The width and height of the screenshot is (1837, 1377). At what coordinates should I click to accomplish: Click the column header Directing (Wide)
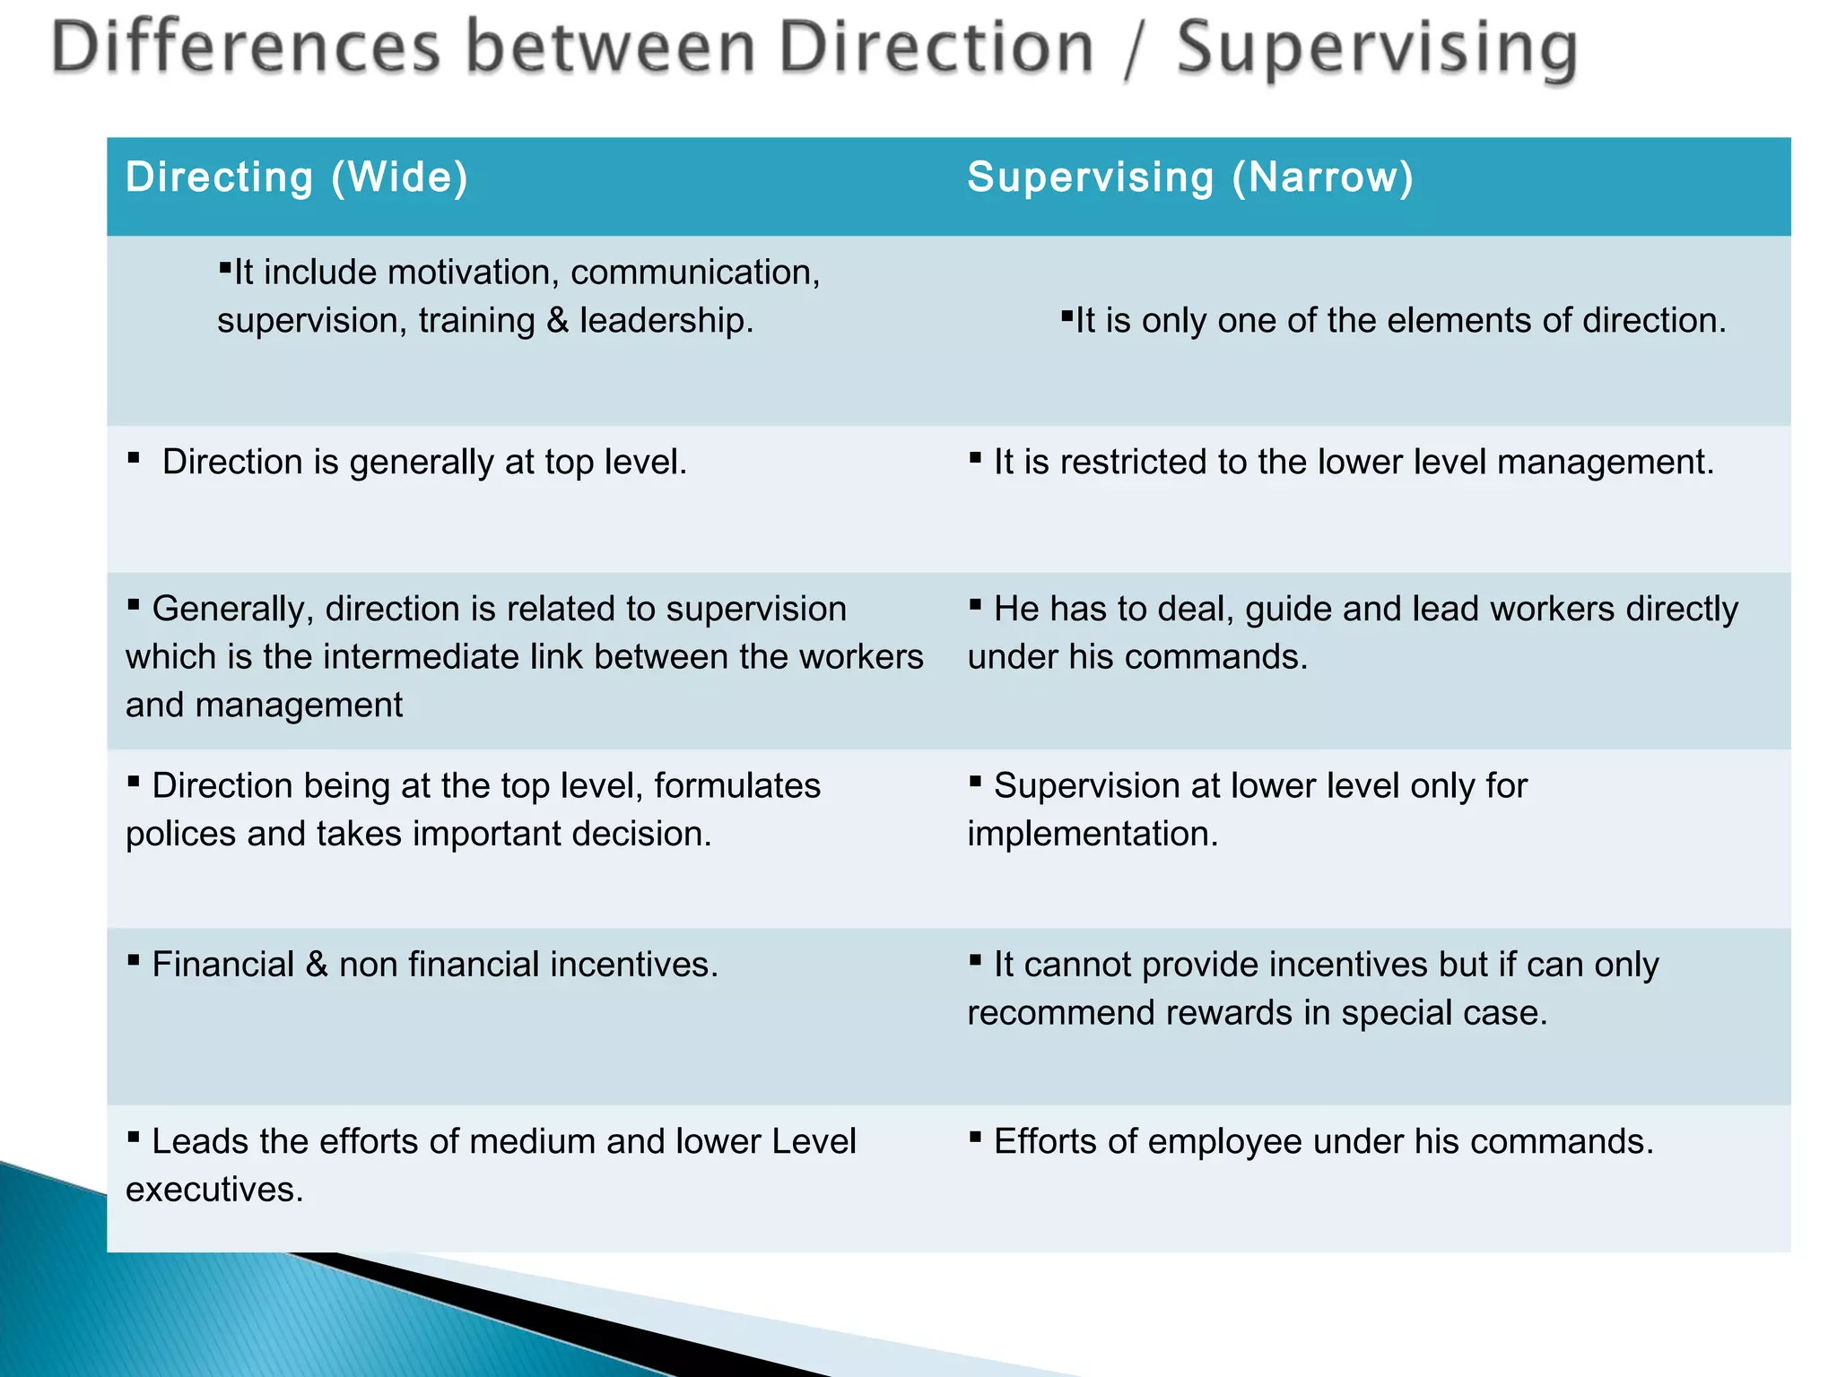[x=297, y=177]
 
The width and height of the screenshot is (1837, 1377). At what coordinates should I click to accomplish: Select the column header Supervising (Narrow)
[x=1190, y=177]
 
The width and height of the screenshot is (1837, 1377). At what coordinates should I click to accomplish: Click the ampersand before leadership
[x=558, y=321]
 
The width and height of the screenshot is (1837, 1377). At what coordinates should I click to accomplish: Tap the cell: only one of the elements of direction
[x=1399, y=321]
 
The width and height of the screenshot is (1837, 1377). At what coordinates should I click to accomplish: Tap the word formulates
[x=736, y=786]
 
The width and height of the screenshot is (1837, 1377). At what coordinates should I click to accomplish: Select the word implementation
[x=1093, y=835]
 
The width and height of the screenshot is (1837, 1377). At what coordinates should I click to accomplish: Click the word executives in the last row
[x=214, y=1191]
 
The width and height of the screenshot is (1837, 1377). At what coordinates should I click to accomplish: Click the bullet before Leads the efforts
[x=134, y=1138]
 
